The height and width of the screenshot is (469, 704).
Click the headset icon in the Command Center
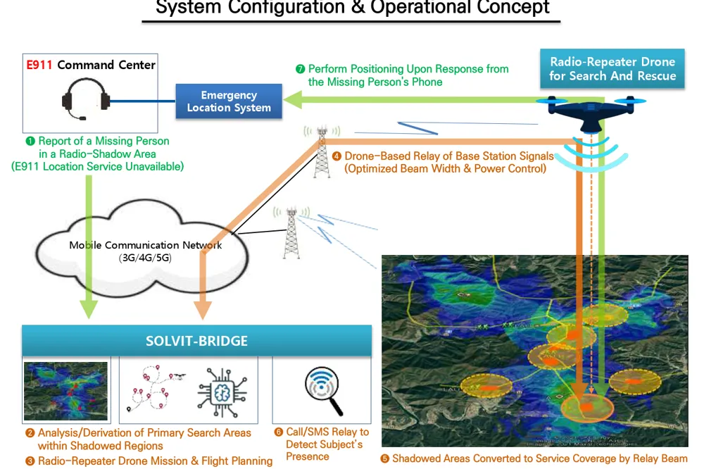(x=85, y=99)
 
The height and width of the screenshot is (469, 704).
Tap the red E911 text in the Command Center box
(x=39, y=65)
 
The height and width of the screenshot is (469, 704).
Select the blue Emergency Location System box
(x=229, y=101)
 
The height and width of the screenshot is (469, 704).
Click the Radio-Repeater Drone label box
(x=612, y=68)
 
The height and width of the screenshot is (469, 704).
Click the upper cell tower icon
(x=322, y=151)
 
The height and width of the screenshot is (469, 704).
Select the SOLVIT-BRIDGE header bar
(x=196, y=341)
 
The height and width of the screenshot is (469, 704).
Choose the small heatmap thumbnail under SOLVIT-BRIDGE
(x=65, y=391)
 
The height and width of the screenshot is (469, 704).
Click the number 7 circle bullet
(x=301, y=69)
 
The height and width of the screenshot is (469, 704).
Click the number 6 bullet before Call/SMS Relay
(x=279, y=432)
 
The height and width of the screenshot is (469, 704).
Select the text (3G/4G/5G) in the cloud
(x=145, y=258)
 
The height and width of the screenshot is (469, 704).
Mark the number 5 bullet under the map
(x=384, y=458)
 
